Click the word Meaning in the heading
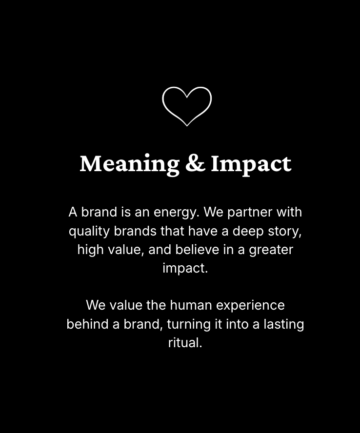tap(129, 164)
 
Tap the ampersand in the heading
tap(195, 163)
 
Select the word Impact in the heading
tap(251, 164)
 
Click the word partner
tap(250, 213)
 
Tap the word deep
tap(248, 231)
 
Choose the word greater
tap(271, 250)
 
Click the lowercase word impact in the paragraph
tap(185, 269)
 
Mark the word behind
tap(88, 324)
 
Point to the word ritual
tap(185, 343)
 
